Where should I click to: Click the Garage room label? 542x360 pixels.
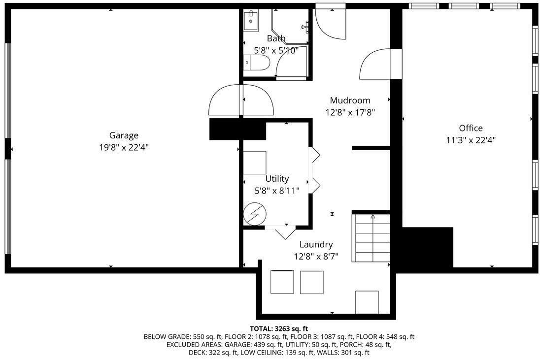(x=124, y=135)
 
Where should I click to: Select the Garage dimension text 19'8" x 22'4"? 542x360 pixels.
(x=124, y=147)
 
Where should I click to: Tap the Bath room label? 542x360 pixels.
(x=276, y=38)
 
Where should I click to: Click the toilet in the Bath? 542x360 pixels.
(x=257, y=63)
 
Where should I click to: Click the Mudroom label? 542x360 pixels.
(x=350, y=100)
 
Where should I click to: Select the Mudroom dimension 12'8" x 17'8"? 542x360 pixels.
(x=350, y=112)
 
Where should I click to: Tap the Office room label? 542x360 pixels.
(x=471, y=128)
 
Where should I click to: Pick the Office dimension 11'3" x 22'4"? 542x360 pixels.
(x=471, y=140)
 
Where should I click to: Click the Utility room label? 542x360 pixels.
(x=277, y=179)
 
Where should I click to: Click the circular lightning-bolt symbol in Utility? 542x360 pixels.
(x=255, y=214)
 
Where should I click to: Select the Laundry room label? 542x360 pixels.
(x=316, y=245)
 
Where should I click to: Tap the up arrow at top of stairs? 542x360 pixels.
(x=373, y=216)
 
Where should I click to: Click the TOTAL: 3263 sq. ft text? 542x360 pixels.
(x=279, y=328)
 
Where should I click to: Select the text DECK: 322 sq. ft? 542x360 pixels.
(x=210, y=353)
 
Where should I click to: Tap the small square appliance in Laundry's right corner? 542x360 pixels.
(x=367, y=301)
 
